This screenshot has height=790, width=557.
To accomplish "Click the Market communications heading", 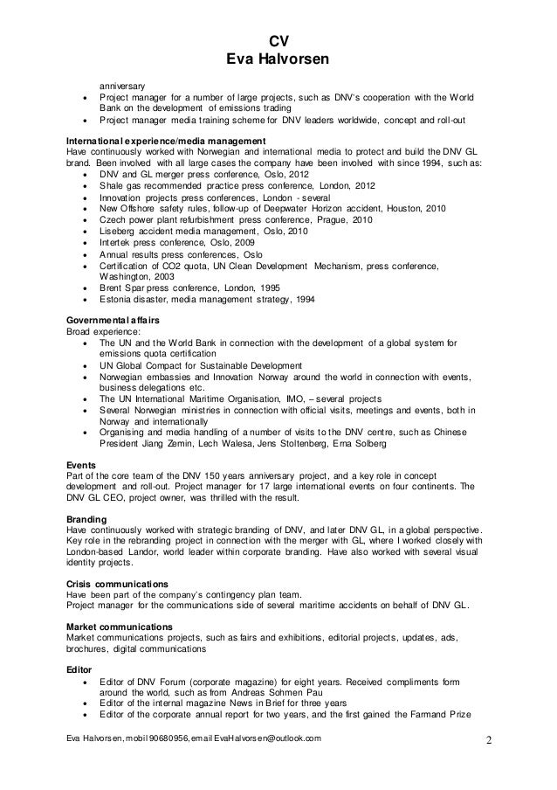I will pyautogui.click(x=120, y=627).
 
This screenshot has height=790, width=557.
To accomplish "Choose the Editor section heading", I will pyautogui.click(x=80, y=669).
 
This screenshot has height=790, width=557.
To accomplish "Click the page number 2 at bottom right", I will pyautogui.click(x=488, y=743).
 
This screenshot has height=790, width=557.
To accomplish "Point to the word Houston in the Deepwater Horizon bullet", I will pyautogui.click(x=399, y=209).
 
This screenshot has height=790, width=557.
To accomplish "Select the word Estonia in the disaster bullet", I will pyautogui.click(x=116, y=300).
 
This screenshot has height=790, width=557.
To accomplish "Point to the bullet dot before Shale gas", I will pyautogui.click(x=84, y=186).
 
